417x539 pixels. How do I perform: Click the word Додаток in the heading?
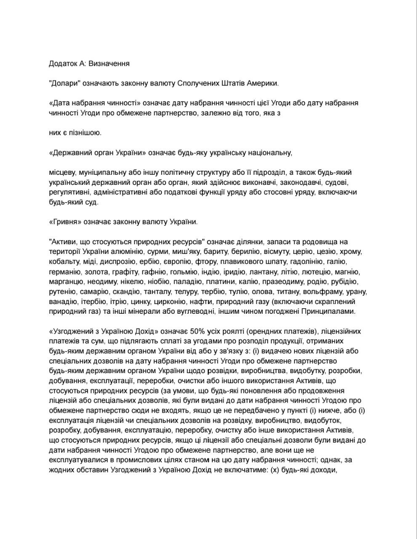point(63,64)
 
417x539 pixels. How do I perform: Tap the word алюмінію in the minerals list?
point(128,252)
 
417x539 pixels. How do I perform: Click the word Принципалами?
point(329,312)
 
